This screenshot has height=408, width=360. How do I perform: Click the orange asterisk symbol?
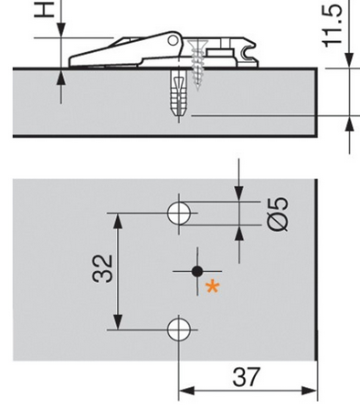click(x=212, y=288)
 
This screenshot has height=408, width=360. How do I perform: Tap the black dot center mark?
click(x=197, y=271)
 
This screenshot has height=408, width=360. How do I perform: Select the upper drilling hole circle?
click(x=179, y=213)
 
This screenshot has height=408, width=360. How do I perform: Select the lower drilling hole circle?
click(x=179, y=330)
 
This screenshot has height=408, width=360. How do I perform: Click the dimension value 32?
click(x=102, y=268)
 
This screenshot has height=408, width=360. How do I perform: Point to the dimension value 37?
click(x=247, y=377)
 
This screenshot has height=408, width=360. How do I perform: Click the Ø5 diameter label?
click(x=278, y=214)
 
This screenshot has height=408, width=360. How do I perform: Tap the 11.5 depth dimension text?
click(x=333, y=26)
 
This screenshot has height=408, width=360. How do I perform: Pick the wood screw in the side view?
click(x=197, y=65)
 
